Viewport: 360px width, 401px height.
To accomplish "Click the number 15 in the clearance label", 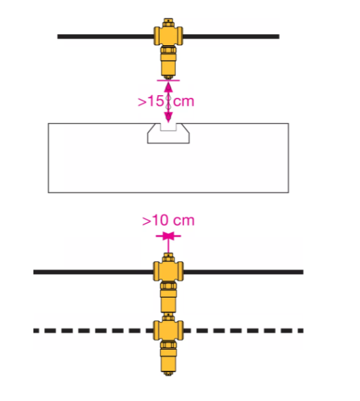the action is (156, 101).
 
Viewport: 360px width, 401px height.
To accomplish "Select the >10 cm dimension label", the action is (168, 220).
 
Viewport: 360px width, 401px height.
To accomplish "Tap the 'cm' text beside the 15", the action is (183, 101).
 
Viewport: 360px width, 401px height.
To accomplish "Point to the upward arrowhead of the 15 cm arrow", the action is (168, 87).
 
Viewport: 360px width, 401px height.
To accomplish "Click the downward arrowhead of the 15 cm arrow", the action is (168, 117).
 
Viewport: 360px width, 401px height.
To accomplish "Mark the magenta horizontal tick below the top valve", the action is (168, 80).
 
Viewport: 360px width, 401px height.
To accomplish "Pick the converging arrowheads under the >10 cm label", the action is (168, 236).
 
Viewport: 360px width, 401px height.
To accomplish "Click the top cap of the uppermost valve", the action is (168, 22).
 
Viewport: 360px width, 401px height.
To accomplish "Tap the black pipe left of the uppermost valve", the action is (105, 36).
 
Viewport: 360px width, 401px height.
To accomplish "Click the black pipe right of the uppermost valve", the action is (231, 36).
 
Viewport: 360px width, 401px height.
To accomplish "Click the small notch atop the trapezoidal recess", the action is (168, 127).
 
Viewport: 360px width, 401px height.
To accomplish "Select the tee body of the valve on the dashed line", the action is (168, 331).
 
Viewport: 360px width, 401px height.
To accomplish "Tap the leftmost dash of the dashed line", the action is (36, 331).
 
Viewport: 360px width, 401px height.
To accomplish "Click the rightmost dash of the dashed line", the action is (300, 331).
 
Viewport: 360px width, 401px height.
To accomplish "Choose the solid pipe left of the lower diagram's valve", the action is (93, 272).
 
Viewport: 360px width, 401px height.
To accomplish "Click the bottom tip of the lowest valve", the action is (168, 374).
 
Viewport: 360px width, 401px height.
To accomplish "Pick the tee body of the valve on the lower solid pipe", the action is (168, 272).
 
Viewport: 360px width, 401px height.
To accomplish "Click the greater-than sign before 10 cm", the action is (146, 221).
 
